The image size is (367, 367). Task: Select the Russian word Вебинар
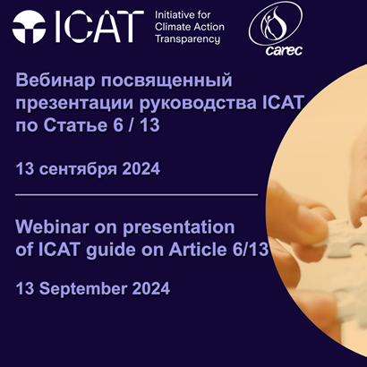coord(55,82)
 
